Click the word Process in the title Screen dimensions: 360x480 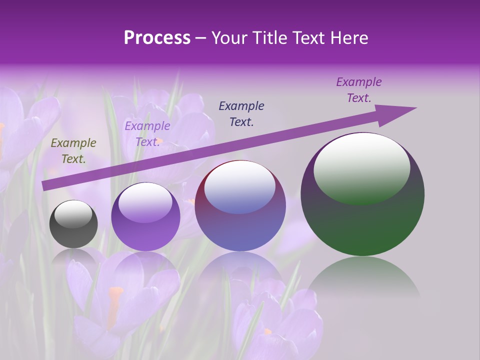coord(157,38)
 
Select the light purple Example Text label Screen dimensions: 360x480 coord(147,134)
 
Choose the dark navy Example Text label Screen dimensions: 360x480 coord(241,113)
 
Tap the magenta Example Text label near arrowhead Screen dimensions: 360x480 coord(358,90)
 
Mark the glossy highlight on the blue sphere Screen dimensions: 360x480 coord(239,186)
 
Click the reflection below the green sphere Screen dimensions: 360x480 coord(362,280)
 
